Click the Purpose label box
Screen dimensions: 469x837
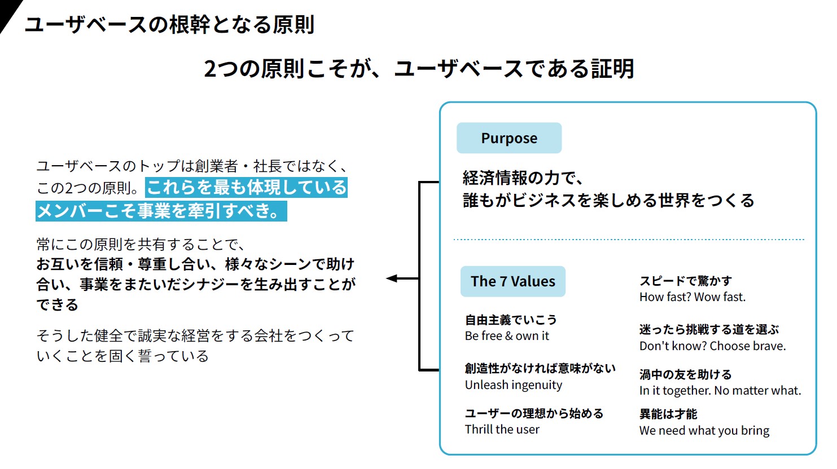click(509, 138)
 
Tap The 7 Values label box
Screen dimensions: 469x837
click(512, 281)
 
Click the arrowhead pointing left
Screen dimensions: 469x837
click(392, 278)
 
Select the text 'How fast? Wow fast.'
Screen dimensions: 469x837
click(692, 297)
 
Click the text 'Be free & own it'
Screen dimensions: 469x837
click(506, 336)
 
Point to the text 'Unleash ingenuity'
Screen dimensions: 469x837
click(513, 385)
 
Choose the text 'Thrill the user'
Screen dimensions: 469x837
click(502, 430)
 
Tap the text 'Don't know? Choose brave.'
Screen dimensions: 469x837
click(712, 346)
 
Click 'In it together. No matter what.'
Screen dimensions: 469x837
click(720, 391)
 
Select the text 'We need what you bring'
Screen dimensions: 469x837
click(704, 431)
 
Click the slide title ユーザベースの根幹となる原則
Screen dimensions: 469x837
click(169, 25)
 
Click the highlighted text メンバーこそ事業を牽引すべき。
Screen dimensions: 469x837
click(161, 211)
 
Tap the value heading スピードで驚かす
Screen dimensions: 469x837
click(685, 281)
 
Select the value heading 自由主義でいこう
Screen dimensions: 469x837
click(510, 320)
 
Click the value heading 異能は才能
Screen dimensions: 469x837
click(668, 414)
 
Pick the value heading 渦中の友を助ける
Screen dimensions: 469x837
click(685, 374)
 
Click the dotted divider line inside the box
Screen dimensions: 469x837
click(628, 240)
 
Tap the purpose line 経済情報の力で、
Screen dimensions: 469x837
click(523, 178)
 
